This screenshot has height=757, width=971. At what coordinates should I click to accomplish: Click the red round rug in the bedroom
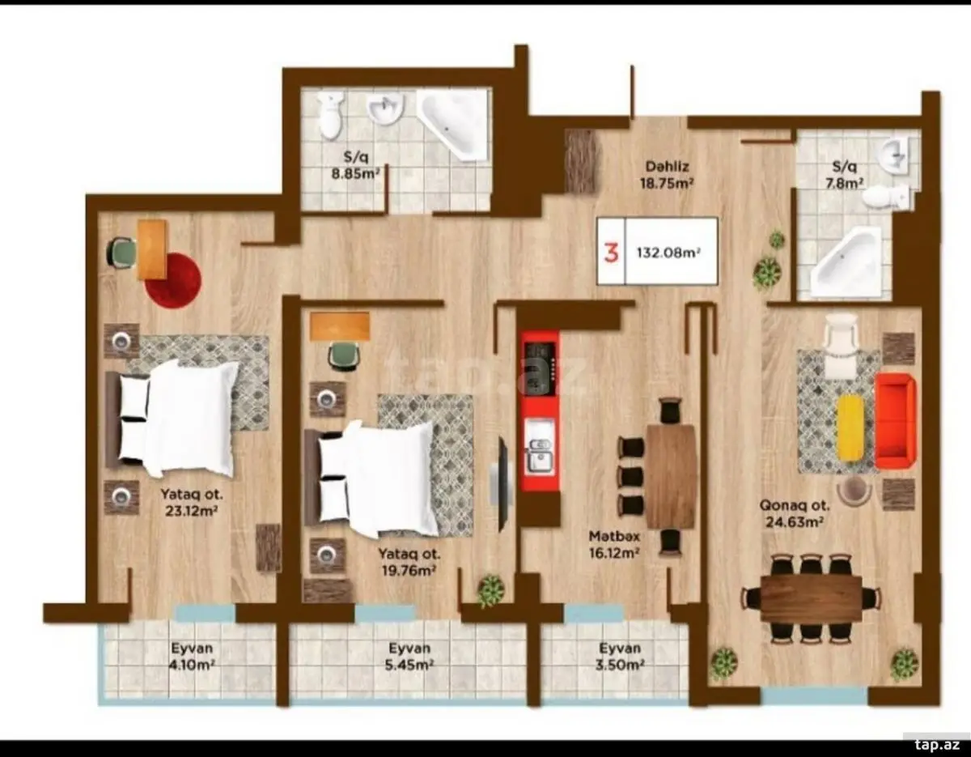173,280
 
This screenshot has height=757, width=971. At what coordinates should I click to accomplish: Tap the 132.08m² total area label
668,253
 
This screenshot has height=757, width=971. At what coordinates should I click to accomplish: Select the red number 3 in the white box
611,253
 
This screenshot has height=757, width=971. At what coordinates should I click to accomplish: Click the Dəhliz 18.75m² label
667,175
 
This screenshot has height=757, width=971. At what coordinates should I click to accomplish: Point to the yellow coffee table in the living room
850,427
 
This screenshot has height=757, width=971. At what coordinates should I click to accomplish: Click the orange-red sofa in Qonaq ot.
895,421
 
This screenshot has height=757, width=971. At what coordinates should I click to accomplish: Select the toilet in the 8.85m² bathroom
331,115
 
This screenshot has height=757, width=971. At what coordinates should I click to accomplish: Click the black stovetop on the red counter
540,369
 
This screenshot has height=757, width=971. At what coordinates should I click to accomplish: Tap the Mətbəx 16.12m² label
613,544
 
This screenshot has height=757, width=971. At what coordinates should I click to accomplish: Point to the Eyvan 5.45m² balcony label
409,657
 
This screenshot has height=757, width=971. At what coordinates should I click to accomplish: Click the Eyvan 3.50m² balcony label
619,657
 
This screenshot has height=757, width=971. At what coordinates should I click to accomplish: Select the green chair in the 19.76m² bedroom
344,356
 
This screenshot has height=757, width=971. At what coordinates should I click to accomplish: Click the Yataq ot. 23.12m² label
191,503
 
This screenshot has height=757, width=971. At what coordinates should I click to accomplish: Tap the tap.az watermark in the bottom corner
936,745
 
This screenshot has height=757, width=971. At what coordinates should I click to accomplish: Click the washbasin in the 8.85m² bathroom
385,109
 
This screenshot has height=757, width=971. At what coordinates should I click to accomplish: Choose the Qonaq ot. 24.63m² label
795,514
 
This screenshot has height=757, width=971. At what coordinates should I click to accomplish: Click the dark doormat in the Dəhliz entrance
582,161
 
